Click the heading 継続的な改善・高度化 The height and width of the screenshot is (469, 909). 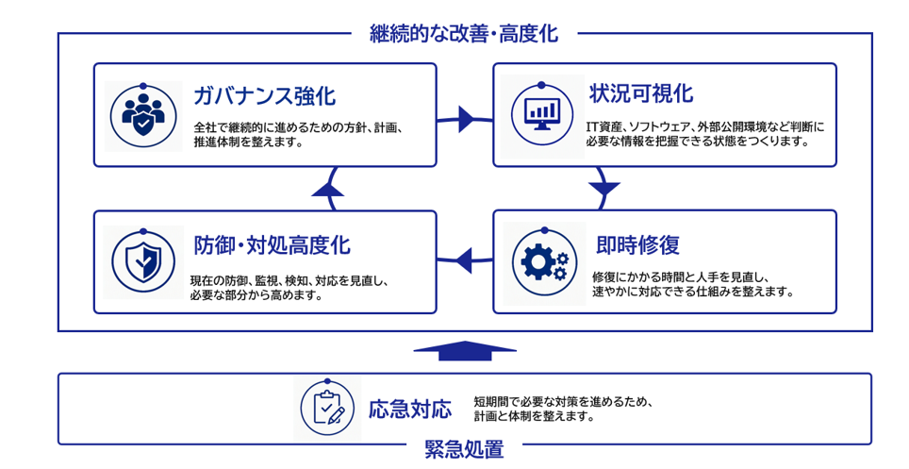[x=464, y=34]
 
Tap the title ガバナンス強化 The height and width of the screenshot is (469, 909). [x=264, y=95]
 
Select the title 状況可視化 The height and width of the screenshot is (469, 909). [x=641, y=93]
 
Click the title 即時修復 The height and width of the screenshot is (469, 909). [x=637, y=245]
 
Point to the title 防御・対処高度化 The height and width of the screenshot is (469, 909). [x=272, y=245]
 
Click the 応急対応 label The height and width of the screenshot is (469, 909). [x=410, y=410]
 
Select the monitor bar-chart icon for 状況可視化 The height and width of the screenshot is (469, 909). [x=542, y=114]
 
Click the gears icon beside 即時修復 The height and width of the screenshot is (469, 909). [x=544, y=262]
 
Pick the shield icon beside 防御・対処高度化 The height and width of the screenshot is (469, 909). [x=143, y=261]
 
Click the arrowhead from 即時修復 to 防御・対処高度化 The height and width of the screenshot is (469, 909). [x=463, y=260]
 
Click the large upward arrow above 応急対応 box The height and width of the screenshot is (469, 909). [x=465, y=351]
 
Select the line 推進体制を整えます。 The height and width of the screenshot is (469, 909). [x=249, y=142]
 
